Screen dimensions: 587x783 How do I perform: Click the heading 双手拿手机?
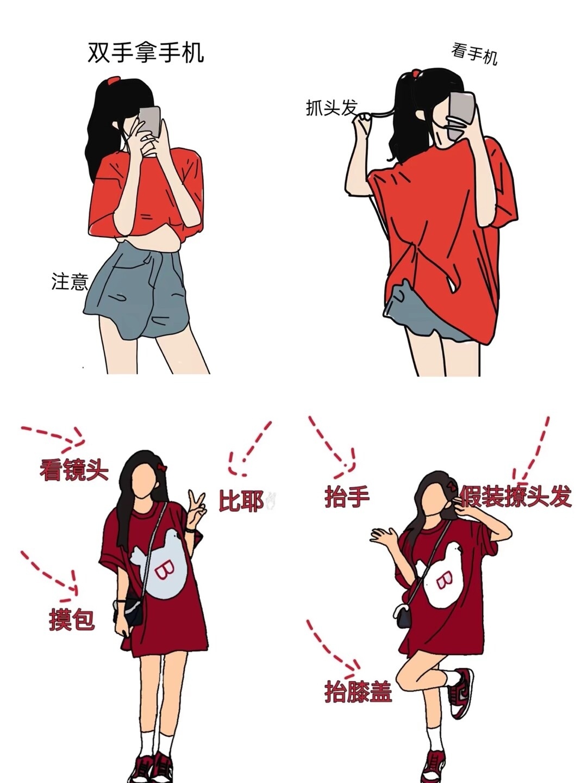pyautogui.click(x=146, y=53)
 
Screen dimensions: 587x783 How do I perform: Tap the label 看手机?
pyautogui.click(x=474, y=54)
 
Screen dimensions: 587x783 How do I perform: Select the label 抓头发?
pyautogui.click(x=332, y=107)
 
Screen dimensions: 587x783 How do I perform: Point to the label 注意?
pyautogui.click(x=70, y=282)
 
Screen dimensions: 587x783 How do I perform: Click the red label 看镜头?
pyautogui.click(x=74, y=469)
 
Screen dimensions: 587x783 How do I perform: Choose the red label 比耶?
pyautogui.click(x=241, y=501)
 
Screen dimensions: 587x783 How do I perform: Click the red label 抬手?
pyautogui.click(x=347, y=497)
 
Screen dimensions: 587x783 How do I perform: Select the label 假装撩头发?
pyautogui.click(x=515, y=496)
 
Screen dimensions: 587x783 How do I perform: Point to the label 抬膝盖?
pyautogui.click(x=358, y=691)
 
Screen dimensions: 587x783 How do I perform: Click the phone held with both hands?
pyautogui.click(x=149, y=121)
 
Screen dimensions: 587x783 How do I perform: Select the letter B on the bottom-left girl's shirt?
pyautogui.click(x=163, y=571)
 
